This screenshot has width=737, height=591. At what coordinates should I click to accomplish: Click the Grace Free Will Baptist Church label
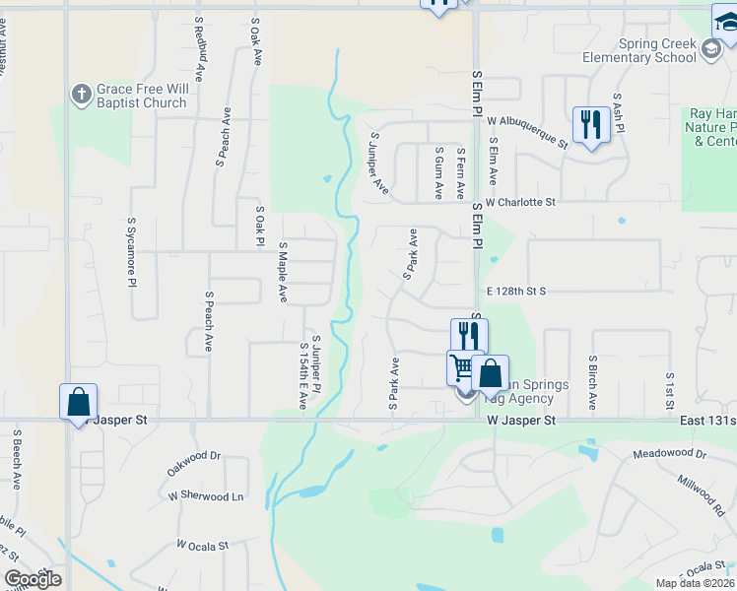pyautogui.click(x=141, y=96)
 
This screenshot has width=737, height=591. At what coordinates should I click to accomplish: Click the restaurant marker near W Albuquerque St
pyautogui.click(x=590, y=125)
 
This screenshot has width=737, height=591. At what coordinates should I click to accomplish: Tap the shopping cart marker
pyautogui.click(x=463, y=369)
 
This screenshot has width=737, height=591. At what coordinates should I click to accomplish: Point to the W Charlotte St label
pyautogui.click(x=520, y=202)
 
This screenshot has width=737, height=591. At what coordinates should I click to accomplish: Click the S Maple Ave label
pyautogui.click(x=282, y=272)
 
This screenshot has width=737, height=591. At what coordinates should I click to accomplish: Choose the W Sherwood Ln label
pyautogui.click(x=206, y=496)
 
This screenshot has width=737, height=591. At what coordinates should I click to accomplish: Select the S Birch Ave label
pyautogui.click(x=592, y=382)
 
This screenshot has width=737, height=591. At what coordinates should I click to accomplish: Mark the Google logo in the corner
pyautogui.click(x=33, y=578)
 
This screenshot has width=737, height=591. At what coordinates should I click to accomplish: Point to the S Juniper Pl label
pyautogui.click(x=316, y=365)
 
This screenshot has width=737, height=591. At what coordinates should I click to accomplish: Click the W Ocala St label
pyautogui.click(x=203, y=544)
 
